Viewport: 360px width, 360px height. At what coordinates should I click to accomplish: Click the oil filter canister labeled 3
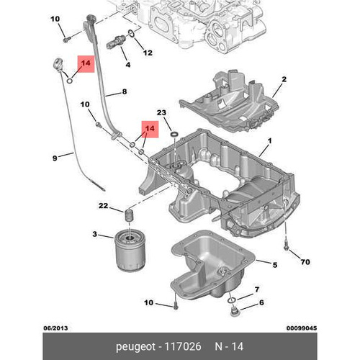pos(129,251)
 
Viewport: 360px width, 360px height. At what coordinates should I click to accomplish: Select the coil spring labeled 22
pos(130,215)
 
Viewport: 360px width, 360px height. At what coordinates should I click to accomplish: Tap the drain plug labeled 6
pos(233,310)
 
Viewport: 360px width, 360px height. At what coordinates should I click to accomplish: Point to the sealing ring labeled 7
pos(232,300)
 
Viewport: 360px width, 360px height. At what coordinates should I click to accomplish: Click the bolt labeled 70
pos(286,247)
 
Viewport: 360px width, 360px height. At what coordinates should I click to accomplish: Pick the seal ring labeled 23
pos(174,134)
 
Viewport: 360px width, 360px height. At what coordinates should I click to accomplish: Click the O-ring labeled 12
pos(131,34)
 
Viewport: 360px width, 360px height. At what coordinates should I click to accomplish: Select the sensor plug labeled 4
pos(116,42)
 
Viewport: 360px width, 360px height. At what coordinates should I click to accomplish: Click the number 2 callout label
pos(284,79)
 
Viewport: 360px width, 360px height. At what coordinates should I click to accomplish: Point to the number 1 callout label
pos(269,141)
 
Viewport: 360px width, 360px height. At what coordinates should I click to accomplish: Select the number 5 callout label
pos(275,265)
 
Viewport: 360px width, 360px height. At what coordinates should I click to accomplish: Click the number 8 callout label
pos(125,91)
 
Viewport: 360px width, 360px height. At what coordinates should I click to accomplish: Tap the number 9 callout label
pos(55,158)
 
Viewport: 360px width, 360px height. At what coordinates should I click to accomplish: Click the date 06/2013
pos(55,328)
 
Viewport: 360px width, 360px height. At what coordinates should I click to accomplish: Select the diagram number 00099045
pos(302,328)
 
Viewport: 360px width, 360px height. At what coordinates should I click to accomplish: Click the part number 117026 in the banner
pos(183,346)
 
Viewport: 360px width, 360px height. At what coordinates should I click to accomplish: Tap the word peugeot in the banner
pos(135,347)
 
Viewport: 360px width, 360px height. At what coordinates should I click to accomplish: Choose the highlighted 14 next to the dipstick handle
pos(86,63)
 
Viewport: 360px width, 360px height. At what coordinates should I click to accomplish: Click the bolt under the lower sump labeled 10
pos(176,306)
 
